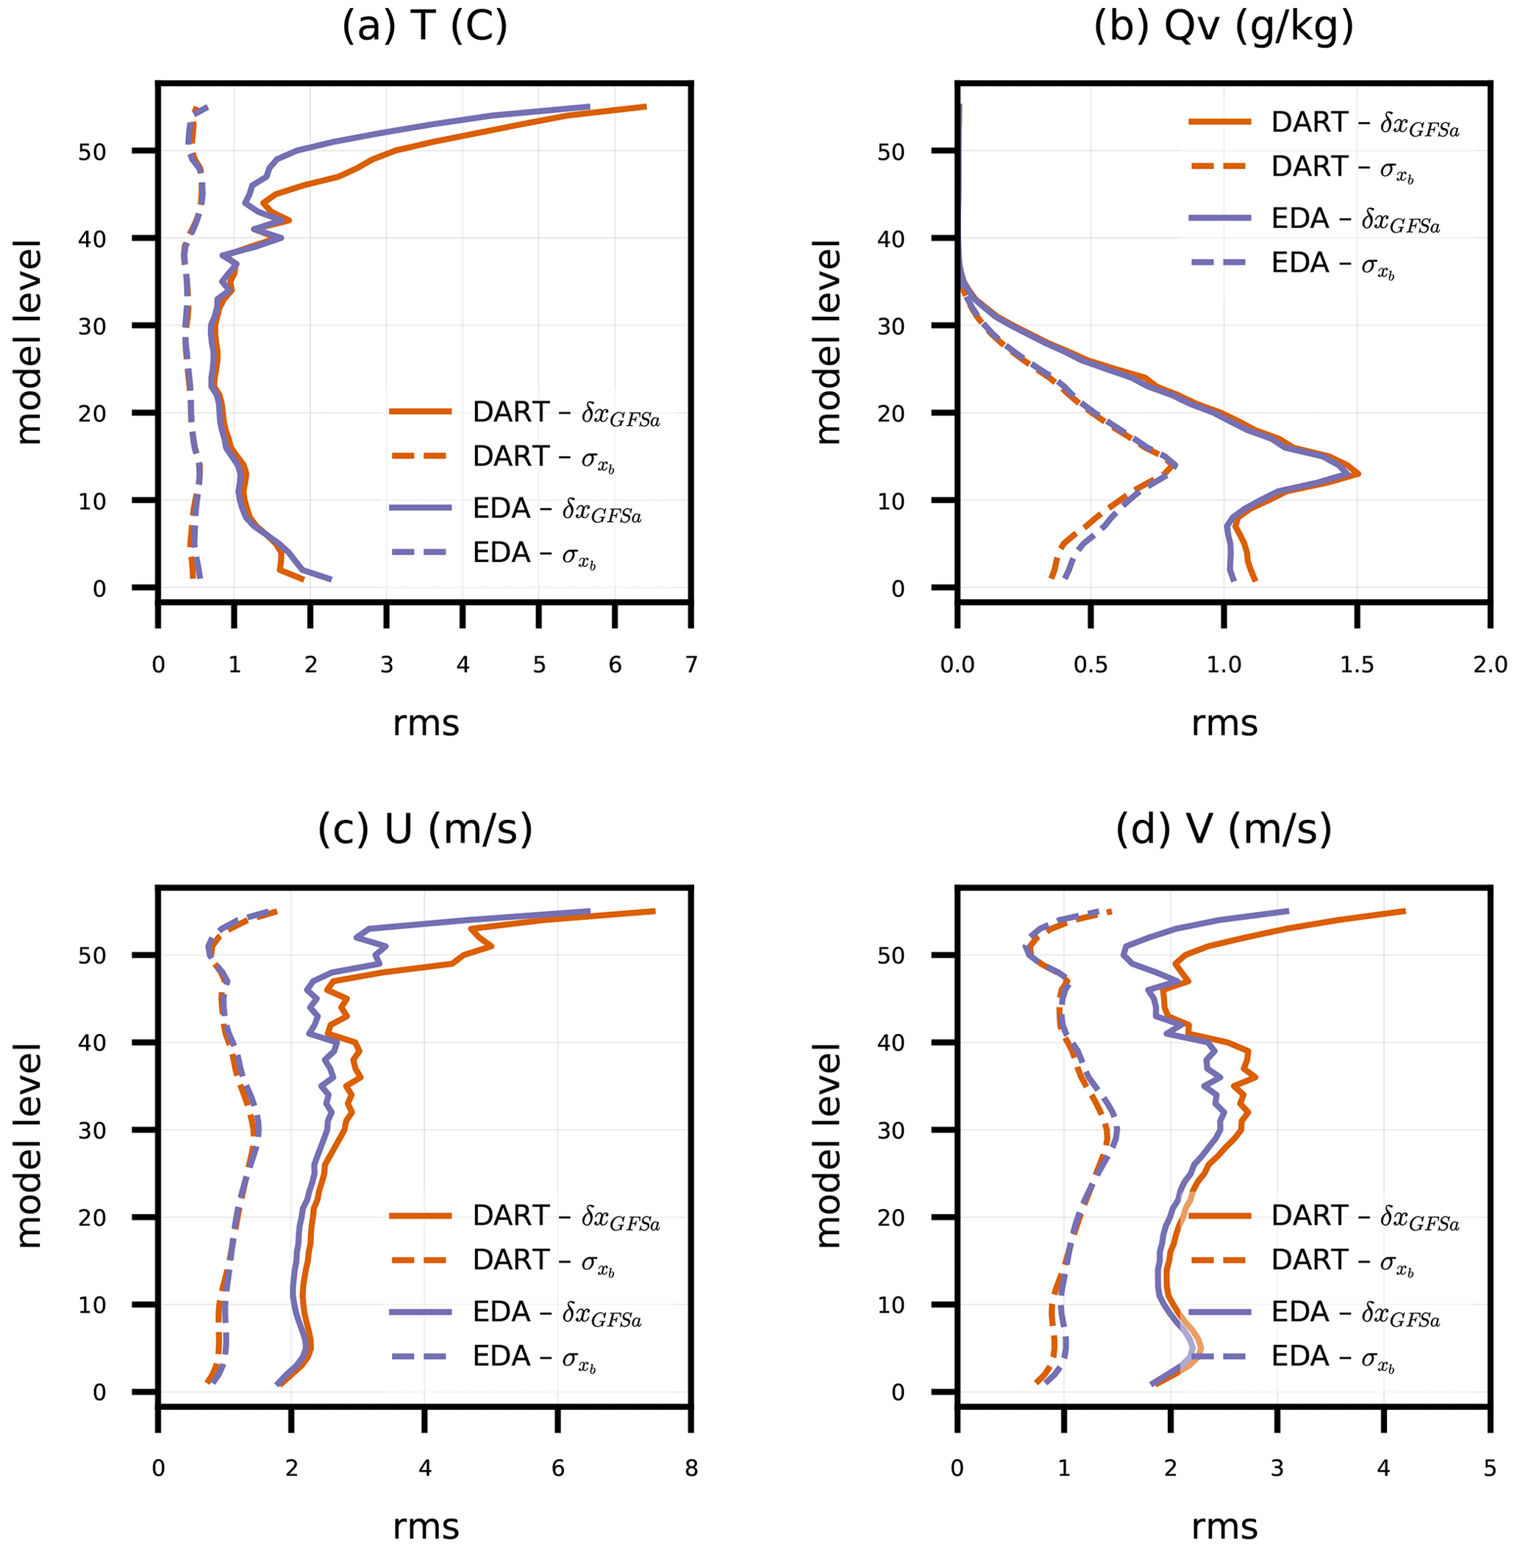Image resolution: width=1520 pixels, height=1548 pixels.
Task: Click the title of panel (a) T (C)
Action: (x=425, y=27)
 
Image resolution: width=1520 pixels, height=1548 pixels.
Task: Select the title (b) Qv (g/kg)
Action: (x=1223, y=27)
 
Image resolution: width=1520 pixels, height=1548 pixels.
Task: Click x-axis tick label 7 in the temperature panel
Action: (x=691, y=665)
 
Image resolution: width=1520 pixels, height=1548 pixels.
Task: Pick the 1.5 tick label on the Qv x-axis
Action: (x=1356, y=665)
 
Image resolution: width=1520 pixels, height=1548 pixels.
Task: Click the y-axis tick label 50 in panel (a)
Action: (x=93, y=151)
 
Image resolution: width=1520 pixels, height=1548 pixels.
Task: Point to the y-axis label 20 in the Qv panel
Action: (x=891, y=413)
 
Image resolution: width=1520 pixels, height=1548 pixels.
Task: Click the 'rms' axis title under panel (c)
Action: (x=426, y=1527)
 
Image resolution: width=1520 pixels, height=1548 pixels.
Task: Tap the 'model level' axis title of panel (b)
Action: (x=827, y=342)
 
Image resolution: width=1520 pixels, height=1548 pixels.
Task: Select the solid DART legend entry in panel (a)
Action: (x=524, y=413)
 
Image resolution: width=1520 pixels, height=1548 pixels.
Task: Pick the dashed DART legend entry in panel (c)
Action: (x=503, y=1260)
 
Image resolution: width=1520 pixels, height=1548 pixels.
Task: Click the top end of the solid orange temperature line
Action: (x=645, y=106)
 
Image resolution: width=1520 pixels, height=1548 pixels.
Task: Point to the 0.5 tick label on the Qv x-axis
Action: (x=1091, y=665)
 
